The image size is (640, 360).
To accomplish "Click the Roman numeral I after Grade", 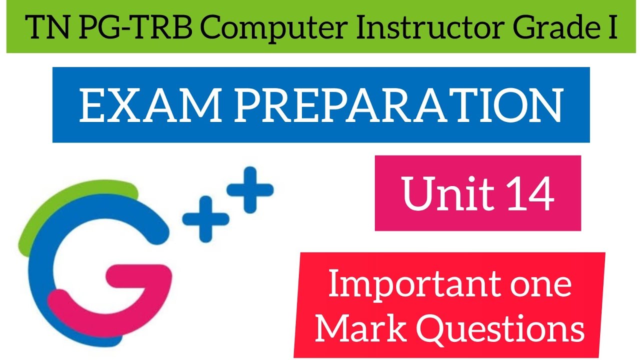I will (x=611, y=29).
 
